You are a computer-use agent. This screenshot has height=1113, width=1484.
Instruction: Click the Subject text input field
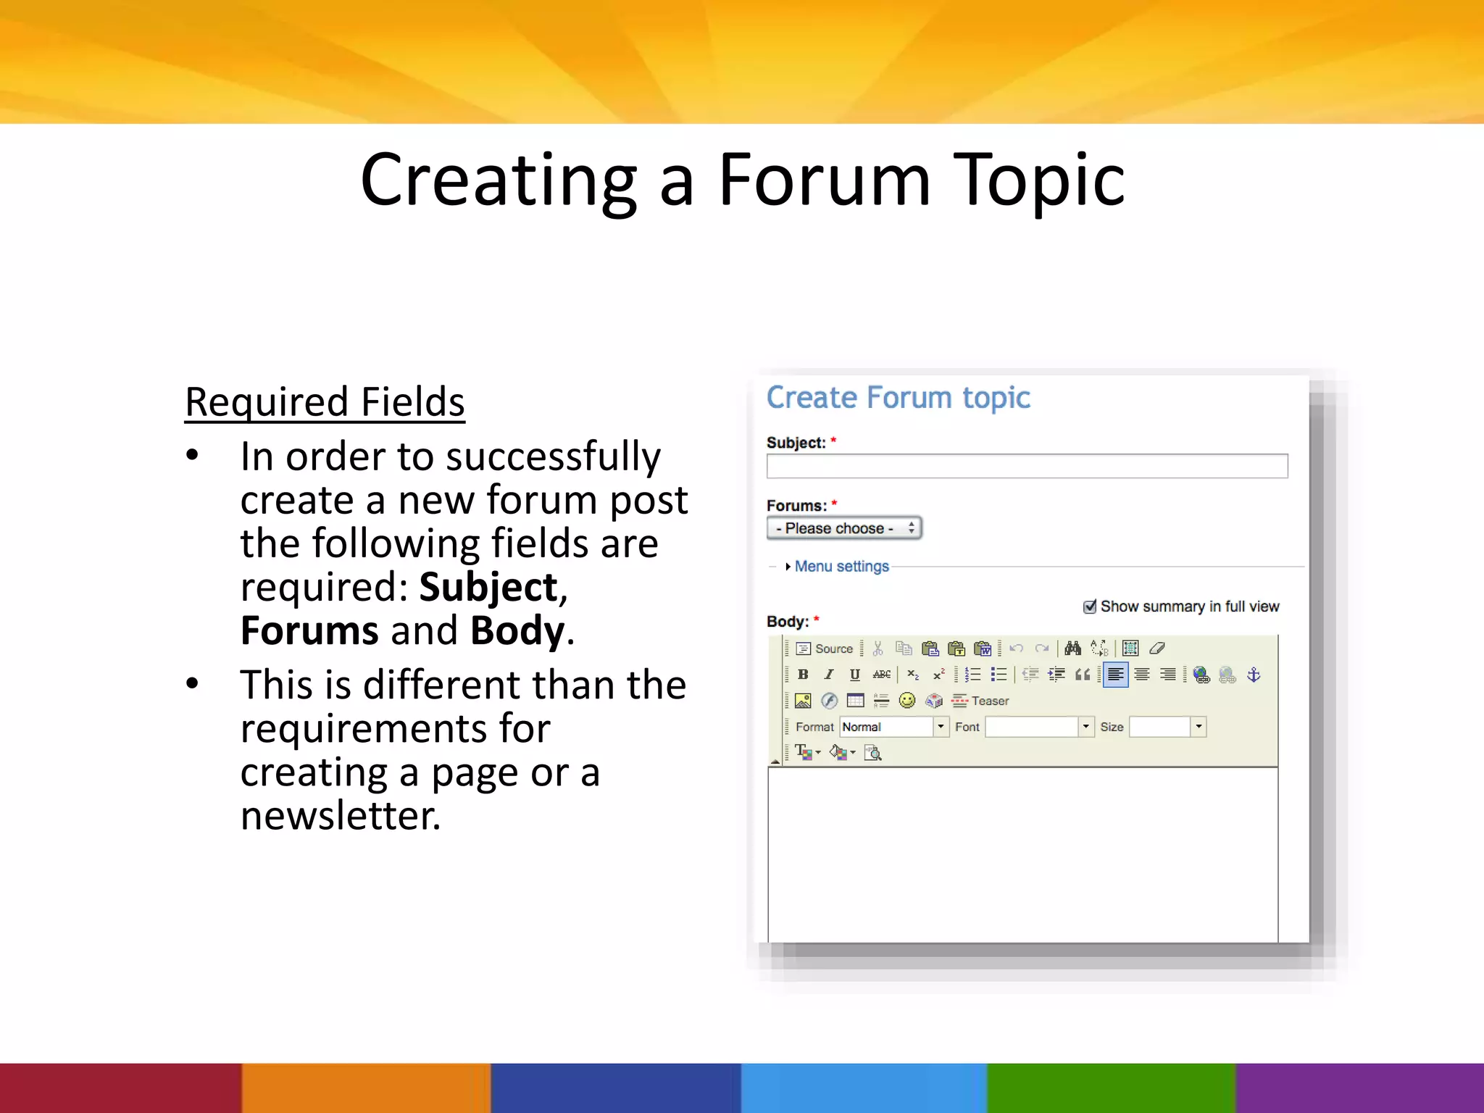(x=1027, y=466)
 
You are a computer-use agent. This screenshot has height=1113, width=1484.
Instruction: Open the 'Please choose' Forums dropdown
(x=844, y=528)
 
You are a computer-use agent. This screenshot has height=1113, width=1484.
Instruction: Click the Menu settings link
(x=841, y=566)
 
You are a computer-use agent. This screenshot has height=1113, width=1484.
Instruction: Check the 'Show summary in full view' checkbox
(x=1089, y=606)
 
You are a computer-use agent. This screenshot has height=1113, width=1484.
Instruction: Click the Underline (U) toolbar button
(x=855, y=675)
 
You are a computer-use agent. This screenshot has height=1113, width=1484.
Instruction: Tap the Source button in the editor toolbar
(x=825, y=649)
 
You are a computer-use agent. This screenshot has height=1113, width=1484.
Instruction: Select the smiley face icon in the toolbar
(x=906, y=701)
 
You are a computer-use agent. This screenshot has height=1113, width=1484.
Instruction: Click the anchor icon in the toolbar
(x=1254, y=675)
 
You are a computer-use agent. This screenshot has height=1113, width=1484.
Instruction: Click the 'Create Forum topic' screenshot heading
(x=898, y=398)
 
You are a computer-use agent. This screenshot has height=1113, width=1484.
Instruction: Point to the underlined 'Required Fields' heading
(x=325, y=402)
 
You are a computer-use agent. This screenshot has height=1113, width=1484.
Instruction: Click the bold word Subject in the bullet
(x=488, y=587)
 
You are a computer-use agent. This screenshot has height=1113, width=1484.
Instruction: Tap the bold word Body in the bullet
(x=517, y=630)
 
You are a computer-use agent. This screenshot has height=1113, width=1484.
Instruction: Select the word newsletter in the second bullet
(x=339, y=816)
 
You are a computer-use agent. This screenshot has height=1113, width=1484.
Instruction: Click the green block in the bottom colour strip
(x=1111, y=1088)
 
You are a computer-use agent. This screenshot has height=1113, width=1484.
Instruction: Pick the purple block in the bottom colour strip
(x=1359, y=1088)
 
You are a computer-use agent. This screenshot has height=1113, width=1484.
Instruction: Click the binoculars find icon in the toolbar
(x=1072, y=649)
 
